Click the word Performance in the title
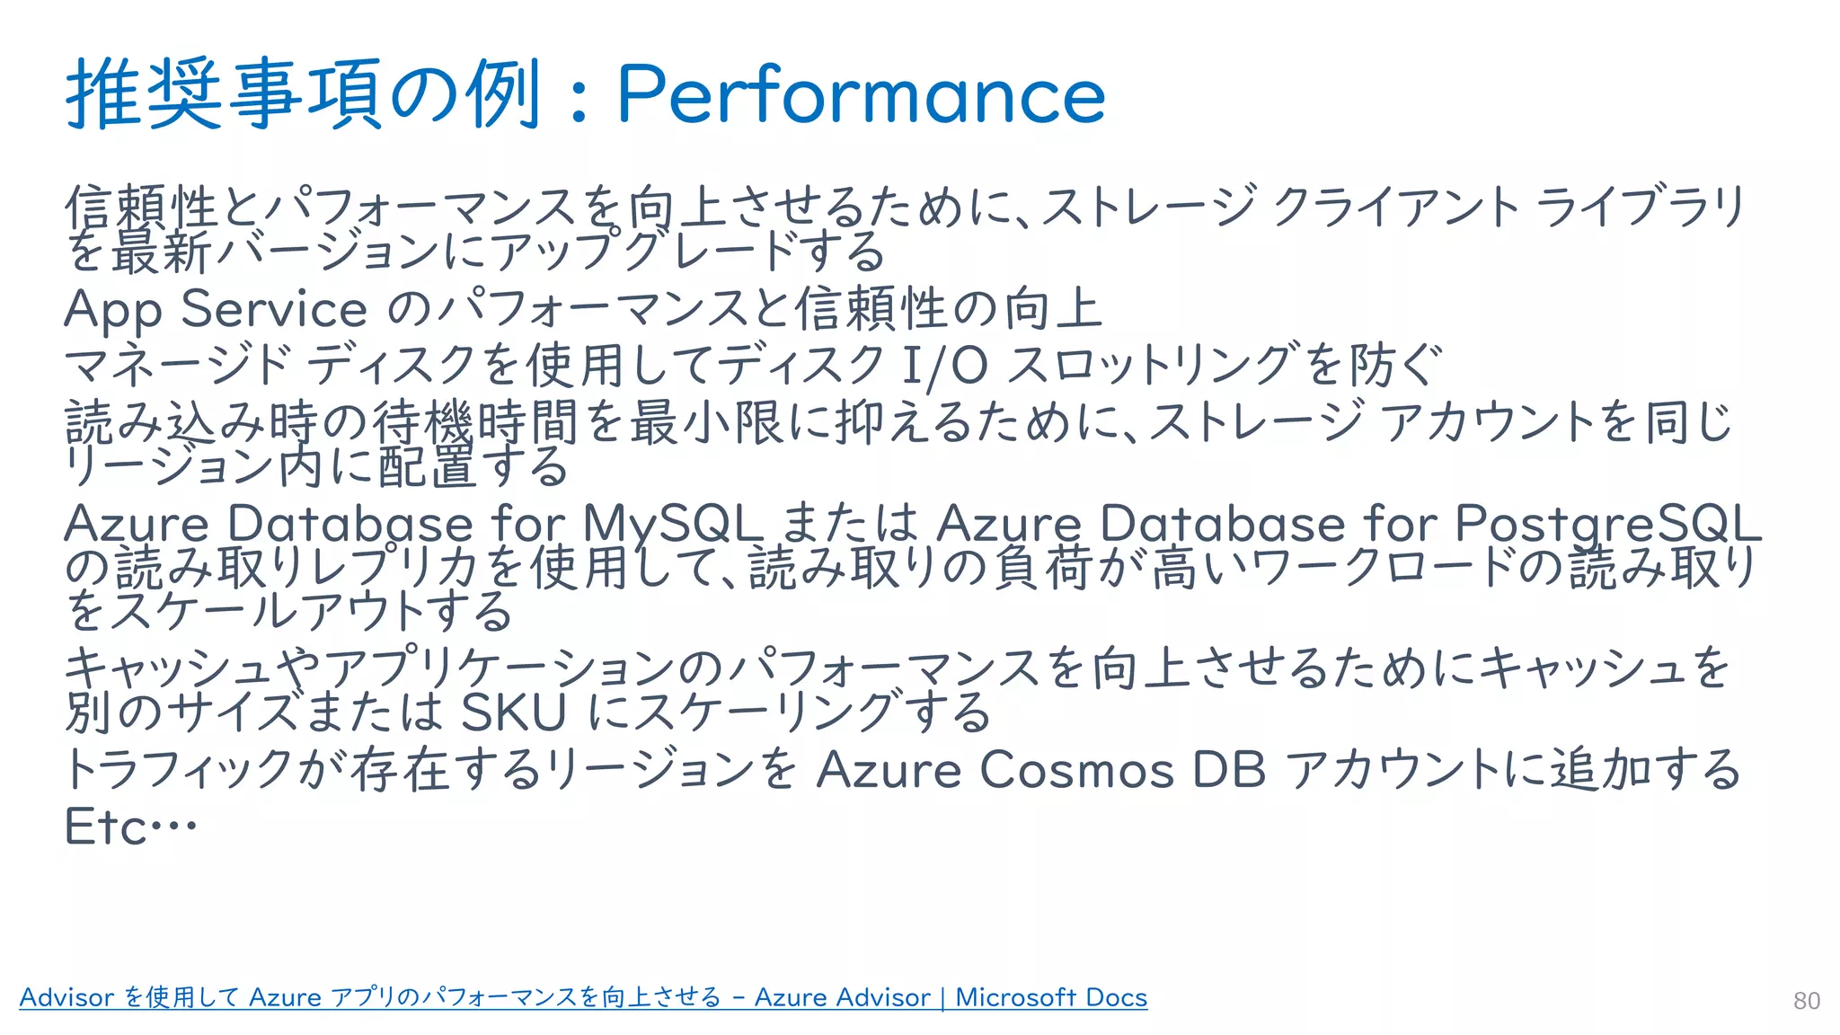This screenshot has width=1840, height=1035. coord(861,95)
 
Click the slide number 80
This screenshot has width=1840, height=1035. coord(1806,1001)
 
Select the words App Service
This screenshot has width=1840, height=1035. coord(216,310)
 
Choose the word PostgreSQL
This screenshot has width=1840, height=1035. coord(1607,524)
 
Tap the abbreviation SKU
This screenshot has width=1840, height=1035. coord(514,713)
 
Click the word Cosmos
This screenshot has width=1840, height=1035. coord(1076,771)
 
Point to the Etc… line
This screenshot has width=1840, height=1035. coord(130,827)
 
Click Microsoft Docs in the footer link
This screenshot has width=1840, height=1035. coord(1051,997)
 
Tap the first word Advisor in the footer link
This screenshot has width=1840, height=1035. coord(67,997)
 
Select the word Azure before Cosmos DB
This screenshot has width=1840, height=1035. coord(889,771)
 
